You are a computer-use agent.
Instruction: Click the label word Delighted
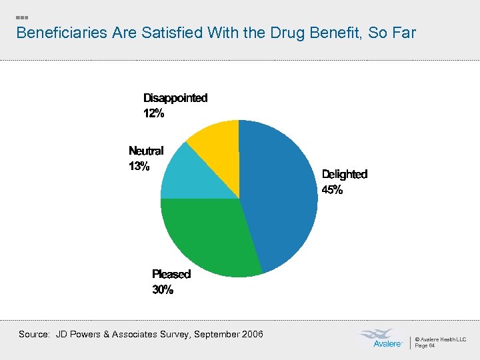[x=344, y=174]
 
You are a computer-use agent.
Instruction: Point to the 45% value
[x=332, y=190]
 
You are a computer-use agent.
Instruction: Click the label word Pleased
[x=171, y=274]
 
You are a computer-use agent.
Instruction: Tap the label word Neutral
[x=145, y=151]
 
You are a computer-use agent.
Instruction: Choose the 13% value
[x=139, y=167]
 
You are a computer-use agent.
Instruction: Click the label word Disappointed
[x=175, y=98]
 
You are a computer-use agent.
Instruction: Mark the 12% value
[x=153, y=113]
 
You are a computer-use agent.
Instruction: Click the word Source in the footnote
[x=33, y=334]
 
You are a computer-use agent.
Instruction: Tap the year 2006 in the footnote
[x=251, y=334]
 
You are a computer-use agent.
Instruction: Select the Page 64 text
[x=425, y=345]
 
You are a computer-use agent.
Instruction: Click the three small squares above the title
[x=21, y=17]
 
